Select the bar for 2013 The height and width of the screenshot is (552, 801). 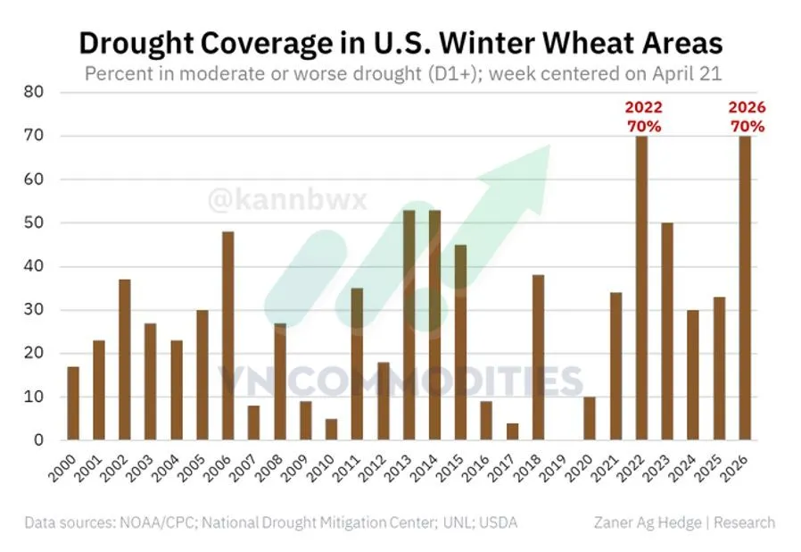tap(409, 325)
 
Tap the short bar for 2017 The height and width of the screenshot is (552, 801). tap(512, 431)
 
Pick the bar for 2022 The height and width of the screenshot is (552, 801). tap(641, 288)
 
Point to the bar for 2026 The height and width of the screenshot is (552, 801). tap(745, 288)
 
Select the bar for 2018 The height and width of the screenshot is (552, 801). tap(538, 357)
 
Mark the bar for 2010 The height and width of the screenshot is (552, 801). tap(331, 430)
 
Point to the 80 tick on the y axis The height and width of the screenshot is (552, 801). tap(35, 92)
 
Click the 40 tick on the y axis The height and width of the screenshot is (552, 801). tap(35, 266)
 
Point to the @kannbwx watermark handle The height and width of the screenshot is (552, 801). tap(286, 198)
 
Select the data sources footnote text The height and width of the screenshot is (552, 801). tap(270, 523)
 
